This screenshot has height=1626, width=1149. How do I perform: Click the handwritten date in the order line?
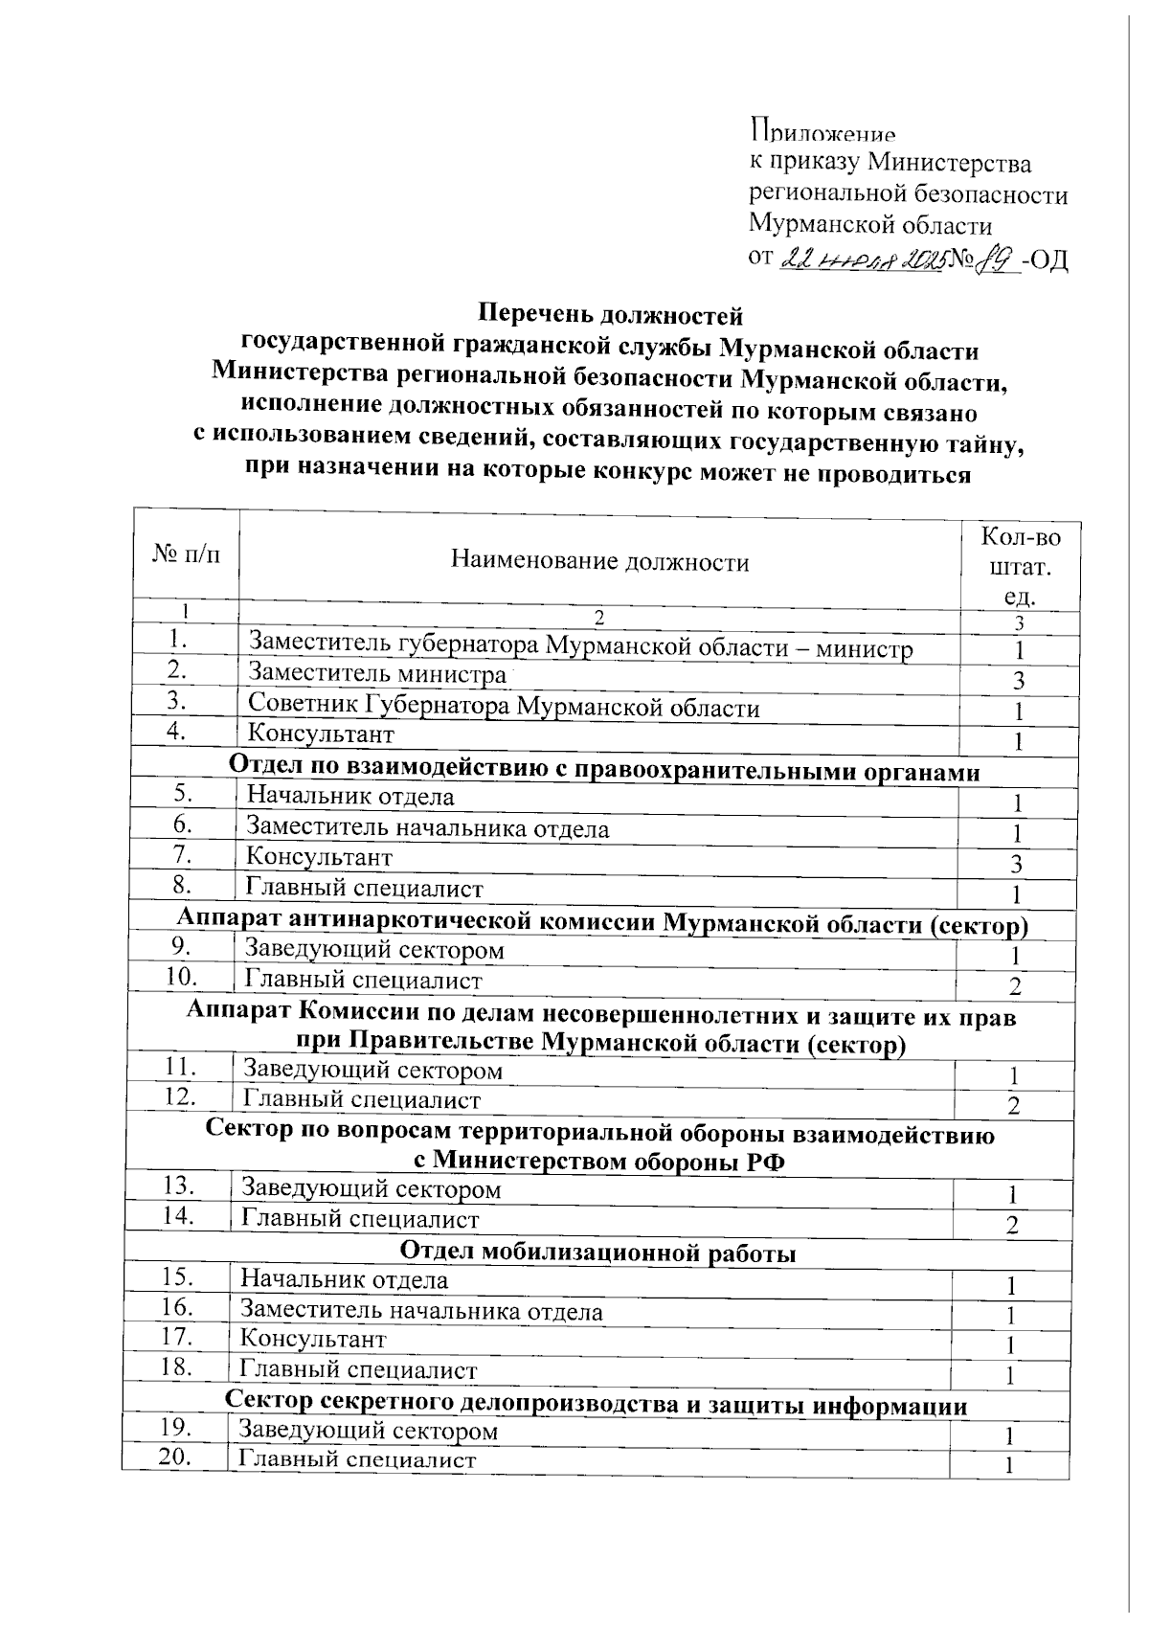tap(865, 260)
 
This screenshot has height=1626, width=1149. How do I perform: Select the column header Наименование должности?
tap(599, 562)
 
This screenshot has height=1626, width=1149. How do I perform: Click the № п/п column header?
tap(186, 554)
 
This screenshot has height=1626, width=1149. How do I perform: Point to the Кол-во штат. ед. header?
tap(1021, 566)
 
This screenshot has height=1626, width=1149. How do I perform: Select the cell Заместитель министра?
tap(376, 674)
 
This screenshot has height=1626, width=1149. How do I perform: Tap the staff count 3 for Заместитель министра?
tap(1020, 681)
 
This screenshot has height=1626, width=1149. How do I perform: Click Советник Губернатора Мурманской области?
tap(504, 707)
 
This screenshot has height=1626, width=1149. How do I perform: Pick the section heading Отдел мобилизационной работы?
tap(597, 1253)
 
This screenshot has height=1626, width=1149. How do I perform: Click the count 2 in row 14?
tap(1012, 1226)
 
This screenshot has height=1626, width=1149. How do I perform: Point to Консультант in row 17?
tap(313, 1339)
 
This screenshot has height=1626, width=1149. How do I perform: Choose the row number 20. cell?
tap(175, 1457)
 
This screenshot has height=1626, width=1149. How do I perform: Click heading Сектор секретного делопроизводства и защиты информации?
tap(596, 1405)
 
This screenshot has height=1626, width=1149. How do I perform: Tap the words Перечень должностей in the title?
tap(610, 314)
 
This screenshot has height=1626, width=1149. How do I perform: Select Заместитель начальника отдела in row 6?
tap(427, 828)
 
